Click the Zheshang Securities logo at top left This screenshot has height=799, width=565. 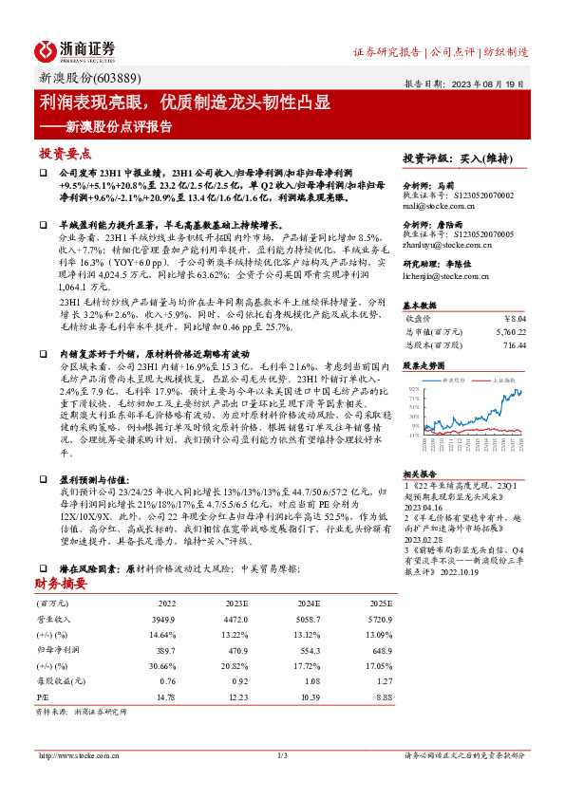point(75,50)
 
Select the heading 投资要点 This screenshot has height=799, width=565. point(66,154)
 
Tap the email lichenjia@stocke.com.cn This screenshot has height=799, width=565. point(444,275)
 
